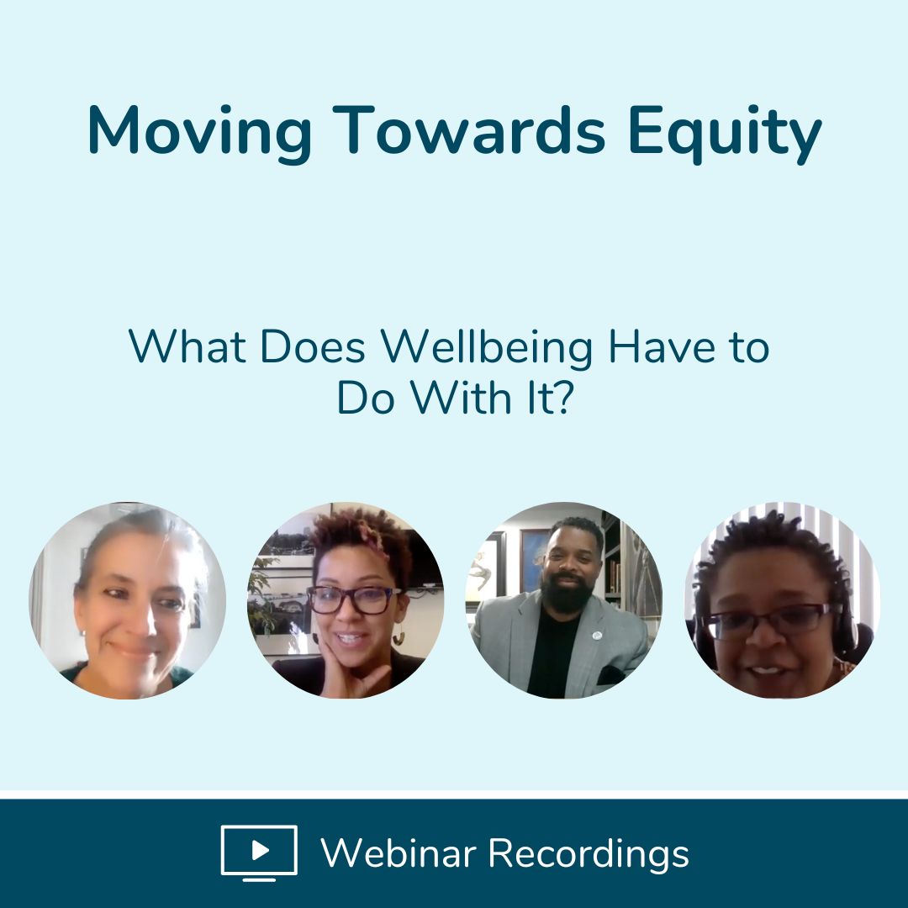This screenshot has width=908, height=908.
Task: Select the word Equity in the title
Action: click(725, 134)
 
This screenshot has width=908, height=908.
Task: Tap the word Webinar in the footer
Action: click(399, 853)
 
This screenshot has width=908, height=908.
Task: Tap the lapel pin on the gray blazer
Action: click(597, 636)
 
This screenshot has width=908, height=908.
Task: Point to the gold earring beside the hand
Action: click(399, 638)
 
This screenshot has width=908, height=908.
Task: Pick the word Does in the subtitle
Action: click(313, 347)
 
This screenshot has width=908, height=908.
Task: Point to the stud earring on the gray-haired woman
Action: click(85, 633)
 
